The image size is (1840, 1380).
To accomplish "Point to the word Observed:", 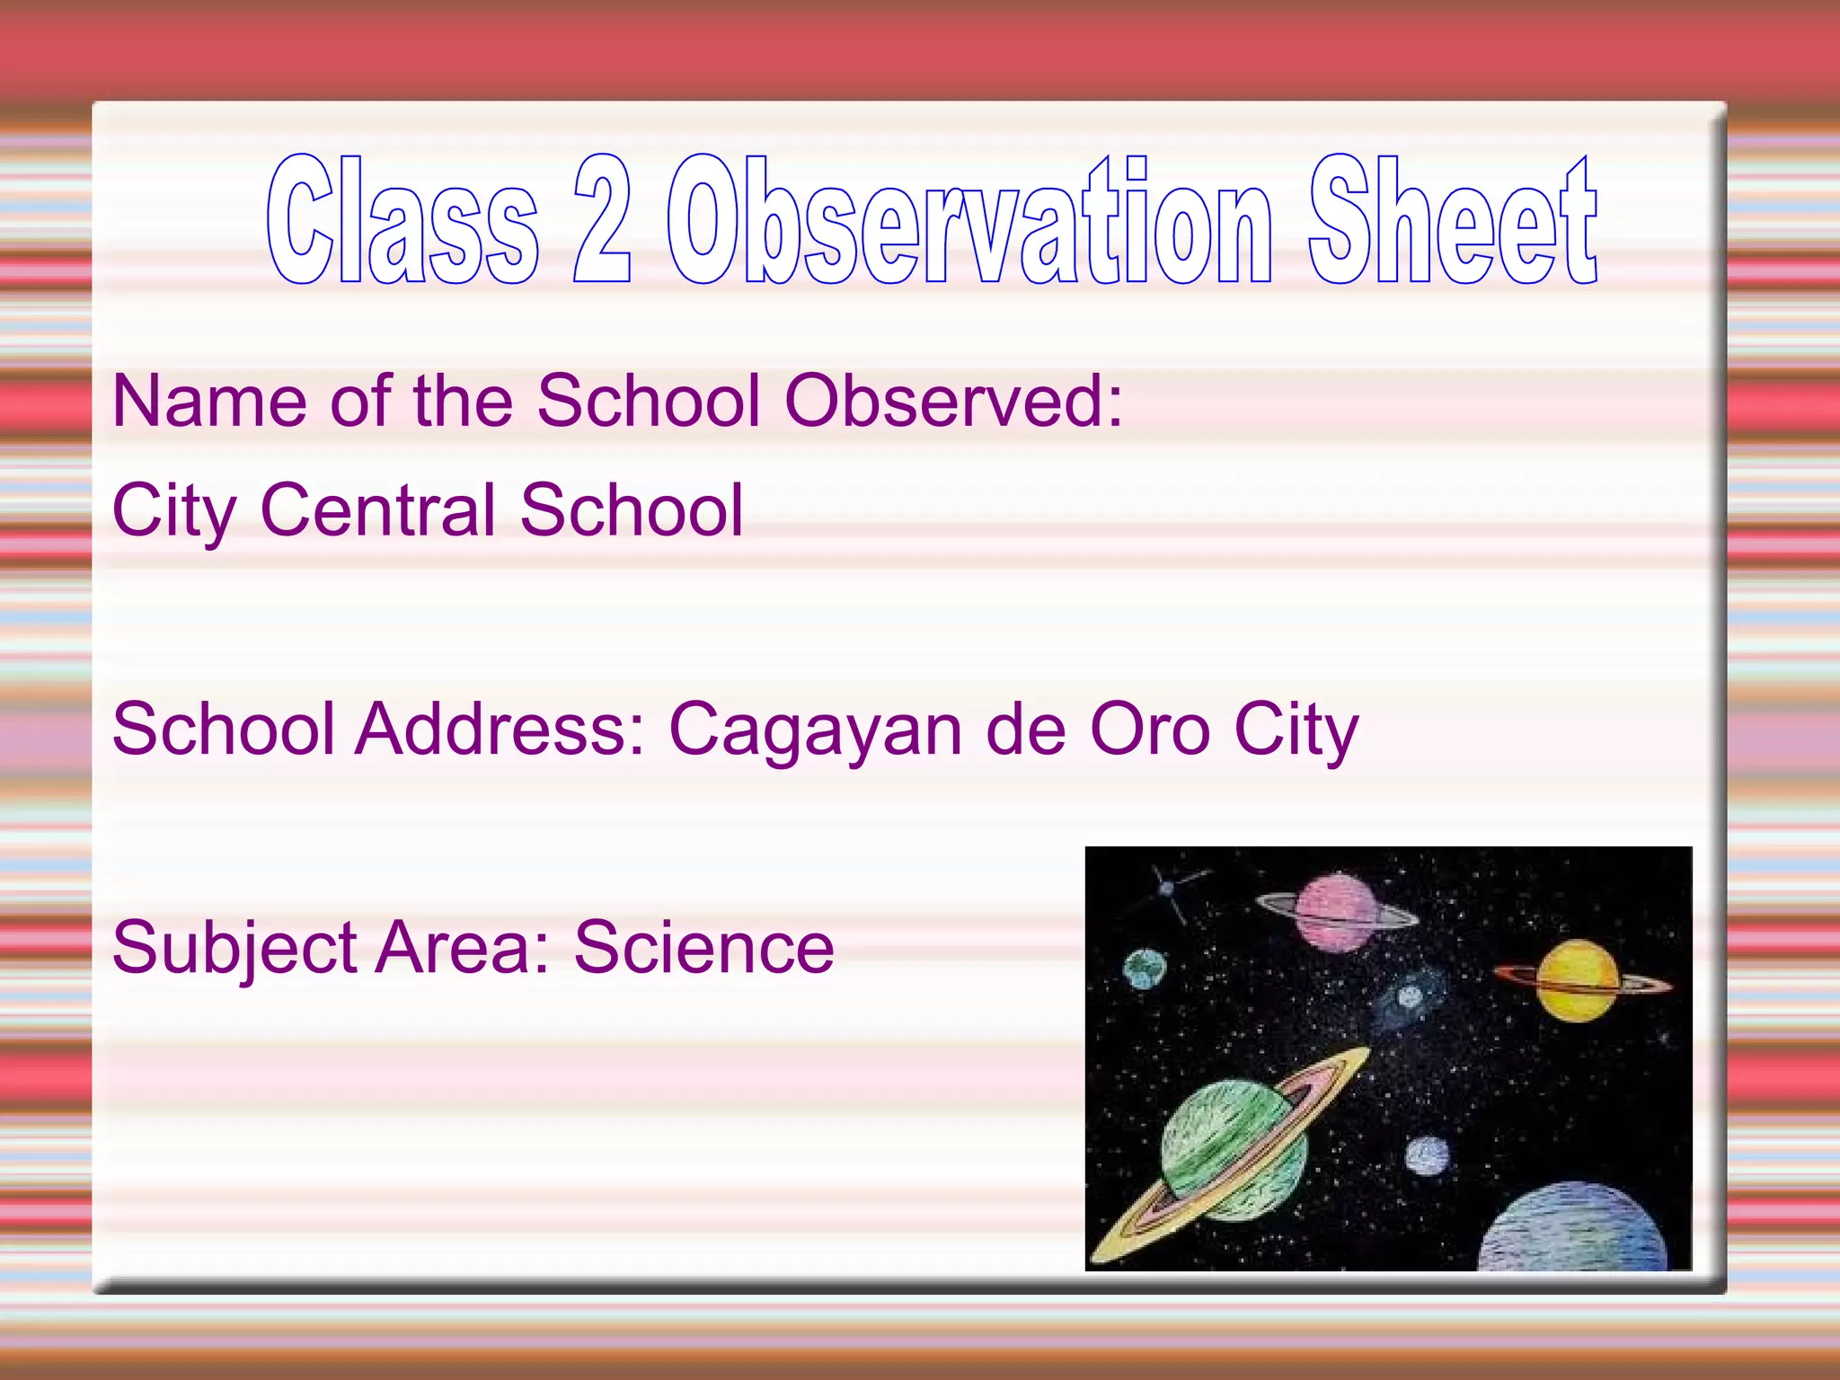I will pos(953,401).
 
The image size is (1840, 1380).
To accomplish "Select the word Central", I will pos(377,510).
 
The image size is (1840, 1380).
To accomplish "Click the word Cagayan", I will pos(817,730).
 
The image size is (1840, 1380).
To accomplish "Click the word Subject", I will pos(234,949).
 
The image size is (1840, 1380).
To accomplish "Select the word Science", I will pos(704,949).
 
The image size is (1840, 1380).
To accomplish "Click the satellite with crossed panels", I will pos(1167,889).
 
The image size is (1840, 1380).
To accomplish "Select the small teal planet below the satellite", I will pos(1146,969).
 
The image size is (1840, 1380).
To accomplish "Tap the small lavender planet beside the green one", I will pos(1427,1156).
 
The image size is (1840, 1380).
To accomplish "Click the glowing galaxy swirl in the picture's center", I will pos(1409,996).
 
